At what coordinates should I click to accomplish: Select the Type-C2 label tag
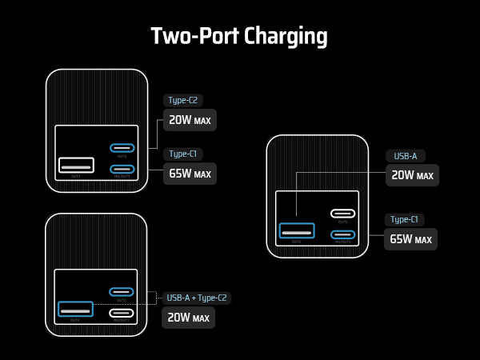click(183, 100)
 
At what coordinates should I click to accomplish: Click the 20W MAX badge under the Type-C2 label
click(190, 120)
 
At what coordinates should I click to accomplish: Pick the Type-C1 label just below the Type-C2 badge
click(183, 154)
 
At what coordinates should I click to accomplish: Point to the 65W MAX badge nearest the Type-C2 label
click(190, 174)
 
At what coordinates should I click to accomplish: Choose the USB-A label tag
click(406, 156)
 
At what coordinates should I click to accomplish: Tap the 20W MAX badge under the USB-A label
click(413, 175)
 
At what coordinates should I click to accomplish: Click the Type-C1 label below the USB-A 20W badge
click(405, 219)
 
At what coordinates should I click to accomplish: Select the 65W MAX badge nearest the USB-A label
click(411, 238)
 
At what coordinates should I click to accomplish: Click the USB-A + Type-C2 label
click(197, 298)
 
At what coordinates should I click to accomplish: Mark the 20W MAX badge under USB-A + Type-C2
click(189, 318)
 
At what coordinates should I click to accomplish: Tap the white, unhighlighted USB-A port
click(76, 166)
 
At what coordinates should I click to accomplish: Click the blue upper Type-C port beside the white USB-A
click(122, 148)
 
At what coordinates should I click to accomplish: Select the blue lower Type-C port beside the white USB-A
click(122, 169)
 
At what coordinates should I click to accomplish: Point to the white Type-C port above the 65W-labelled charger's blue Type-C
click(343, 214)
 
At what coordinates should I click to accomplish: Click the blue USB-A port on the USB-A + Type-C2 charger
click(76, 310)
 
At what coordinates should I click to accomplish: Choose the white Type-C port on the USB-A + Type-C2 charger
click(122, 314)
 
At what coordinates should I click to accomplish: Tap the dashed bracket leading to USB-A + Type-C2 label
click(154, 298)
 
